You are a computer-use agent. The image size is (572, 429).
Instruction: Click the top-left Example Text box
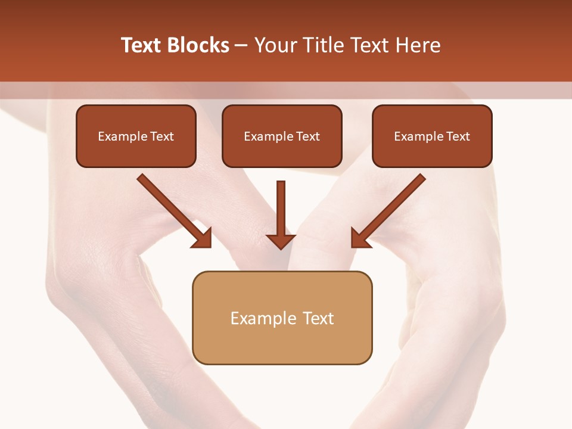(136, 136)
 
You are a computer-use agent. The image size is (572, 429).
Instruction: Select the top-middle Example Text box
(282, 136)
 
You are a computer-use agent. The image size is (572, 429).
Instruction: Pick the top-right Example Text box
(432, 136)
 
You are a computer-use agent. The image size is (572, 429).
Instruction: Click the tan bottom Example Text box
(282, 318)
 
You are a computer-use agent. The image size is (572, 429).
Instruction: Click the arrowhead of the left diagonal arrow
(203, 239)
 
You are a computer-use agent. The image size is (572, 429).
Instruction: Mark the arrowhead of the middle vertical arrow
(281, 241)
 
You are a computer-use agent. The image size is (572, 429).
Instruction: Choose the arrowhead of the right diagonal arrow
(360, 239)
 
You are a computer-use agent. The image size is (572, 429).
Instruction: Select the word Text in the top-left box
(162, 136)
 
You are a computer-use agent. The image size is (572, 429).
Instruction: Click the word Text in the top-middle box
(308, 136)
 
